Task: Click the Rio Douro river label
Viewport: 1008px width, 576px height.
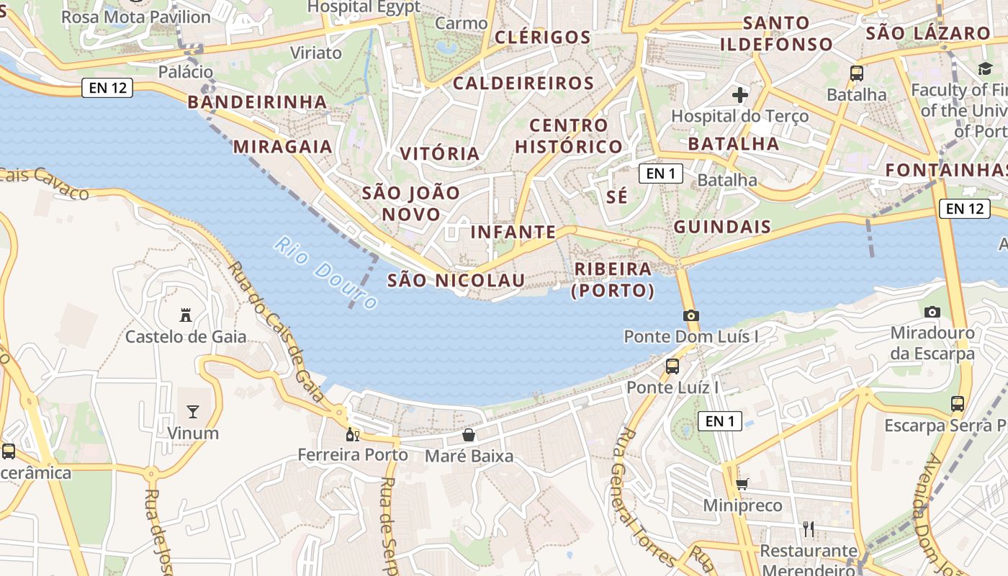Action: click(326, 273)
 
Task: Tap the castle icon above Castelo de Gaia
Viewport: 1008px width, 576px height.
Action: click(186, 315)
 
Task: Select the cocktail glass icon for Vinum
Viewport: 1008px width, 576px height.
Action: click(193, 411)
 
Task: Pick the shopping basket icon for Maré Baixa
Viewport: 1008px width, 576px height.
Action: click(469, 435)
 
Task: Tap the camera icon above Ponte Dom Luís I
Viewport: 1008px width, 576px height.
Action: click(691, 315)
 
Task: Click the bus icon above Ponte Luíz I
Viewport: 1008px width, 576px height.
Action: click(672, 366)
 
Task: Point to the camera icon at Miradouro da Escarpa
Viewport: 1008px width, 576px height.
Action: click(932, 312)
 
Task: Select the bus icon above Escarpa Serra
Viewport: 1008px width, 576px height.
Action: click(958, 404)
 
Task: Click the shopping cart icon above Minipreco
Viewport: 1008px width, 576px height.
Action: click(742, 485)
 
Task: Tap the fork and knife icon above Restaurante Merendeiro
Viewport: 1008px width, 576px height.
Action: click(809, 529)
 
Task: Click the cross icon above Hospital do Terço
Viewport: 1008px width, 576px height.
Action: click(740, 94)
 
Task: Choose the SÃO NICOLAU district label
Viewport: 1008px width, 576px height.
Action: click(456, 280)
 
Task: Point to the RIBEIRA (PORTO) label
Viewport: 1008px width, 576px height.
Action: click(613, 279)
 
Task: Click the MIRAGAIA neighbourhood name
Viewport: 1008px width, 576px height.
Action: click(282, 147)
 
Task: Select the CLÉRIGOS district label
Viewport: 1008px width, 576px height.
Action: click(543, 37)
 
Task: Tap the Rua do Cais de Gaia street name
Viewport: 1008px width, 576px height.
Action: click(277, 332)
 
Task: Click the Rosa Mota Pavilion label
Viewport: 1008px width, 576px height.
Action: click(136, 17)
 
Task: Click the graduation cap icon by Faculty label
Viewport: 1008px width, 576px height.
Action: click(984, 68)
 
